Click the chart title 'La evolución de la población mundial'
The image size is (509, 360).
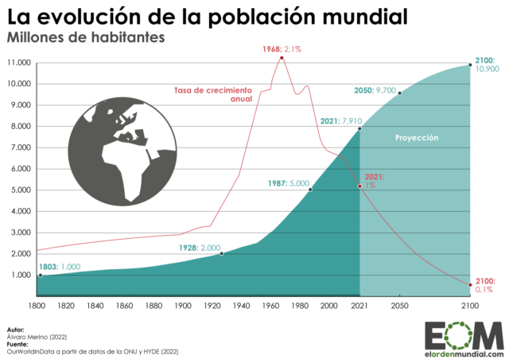211,16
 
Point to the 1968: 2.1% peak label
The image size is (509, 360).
282,49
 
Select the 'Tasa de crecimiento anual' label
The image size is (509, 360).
213,94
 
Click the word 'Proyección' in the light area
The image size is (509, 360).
417,138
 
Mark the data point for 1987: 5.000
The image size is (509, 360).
310,190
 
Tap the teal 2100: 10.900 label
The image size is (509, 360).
485,65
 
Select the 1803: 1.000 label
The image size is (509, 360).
60,267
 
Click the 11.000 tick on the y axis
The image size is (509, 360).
18,63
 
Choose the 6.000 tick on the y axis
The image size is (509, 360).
20,169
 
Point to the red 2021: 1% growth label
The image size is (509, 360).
375,181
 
